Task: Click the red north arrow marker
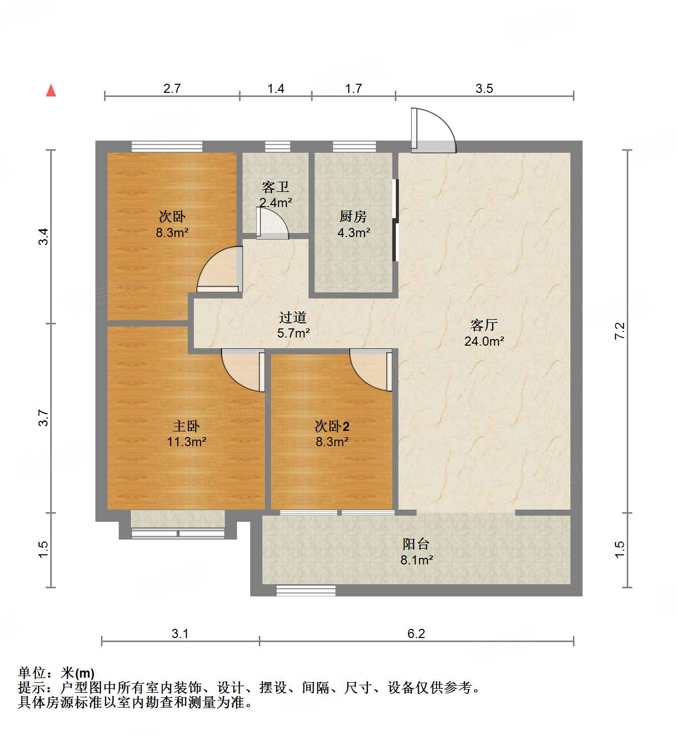[51, 90]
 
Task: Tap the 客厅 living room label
[484, 325]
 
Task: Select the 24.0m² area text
[484, 341]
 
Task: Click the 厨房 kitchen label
[353, 217]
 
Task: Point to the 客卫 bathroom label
[276, 187]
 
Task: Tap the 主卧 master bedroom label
[186, 426]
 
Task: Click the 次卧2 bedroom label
[332, 426]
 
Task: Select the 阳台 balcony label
[416, 544]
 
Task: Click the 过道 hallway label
[293, 318]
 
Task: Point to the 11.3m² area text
[186, 442]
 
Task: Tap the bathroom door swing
[272, 224]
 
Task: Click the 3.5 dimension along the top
[484, 89]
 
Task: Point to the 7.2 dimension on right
[620, 331]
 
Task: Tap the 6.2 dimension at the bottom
[416, 633]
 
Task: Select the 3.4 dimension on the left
[44, 237]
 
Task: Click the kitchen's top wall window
[354, 147]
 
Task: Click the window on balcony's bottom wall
[306, 590]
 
